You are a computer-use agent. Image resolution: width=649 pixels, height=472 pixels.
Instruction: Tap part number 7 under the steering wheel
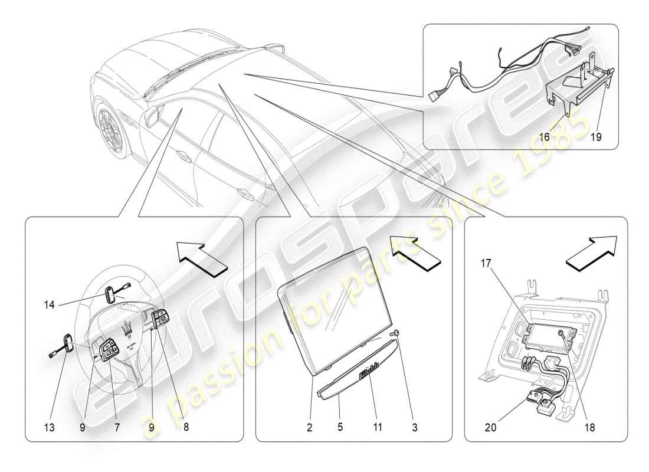(x=116, y=429)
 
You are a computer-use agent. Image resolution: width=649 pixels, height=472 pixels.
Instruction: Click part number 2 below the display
(x=309, y=429)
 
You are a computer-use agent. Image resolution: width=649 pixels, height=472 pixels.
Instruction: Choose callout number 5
(x=340, y=429)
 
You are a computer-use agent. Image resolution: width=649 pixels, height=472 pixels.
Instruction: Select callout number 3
(x=415, y=429)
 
